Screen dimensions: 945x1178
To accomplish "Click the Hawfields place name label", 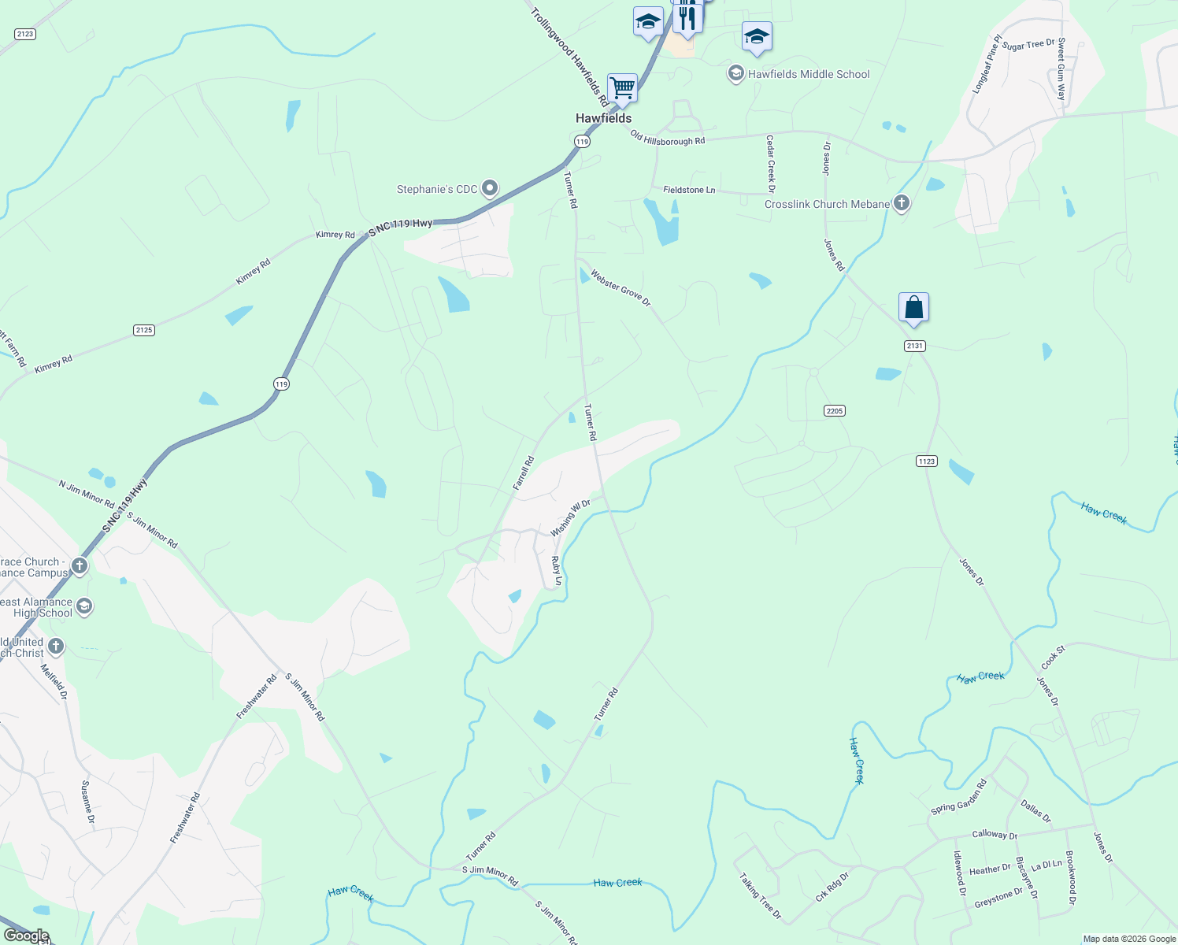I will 603,118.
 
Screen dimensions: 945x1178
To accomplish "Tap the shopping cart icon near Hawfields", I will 622,87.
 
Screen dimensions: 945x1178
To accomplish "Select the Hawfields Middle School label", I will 809,74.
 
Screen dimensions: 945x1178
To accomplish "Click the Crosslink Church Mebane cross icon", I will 902,203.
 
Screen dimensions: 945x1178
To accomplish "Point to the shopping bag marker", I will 913,307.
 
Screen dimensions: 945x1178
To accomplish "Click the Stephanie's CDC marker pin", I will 490,188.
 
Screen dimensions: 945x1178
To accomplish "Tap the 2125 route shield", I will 144,330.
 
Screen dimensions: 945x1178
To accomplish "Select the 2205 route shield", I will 835,410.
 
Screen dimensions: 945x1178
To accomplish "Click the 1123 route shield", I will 927,461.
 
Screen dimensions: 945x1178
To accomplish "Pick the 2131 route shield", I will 914,346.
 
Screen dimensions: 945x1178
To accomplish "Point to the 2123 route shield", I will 25,34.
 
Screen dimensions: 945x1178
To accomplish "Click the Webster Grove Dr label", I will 620,289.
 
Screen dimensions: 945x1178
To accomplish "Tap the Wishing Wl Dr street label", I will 570,517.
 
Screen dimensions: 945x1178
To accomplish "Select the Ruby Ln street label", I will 557,571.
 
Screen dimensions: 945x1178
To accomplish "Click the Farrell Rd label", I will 524,473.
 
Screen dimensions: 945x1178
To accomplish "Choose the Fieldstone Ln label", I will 689,190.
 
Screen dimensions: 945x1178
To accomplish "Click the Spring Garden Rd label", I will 958,797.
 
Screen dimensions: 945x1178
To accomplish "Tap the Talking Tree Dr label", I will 760,895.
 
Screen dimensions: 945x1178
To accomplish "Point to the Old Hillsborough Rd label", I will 668,139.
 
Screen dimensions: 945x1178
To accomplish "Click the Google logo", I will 26,936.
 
